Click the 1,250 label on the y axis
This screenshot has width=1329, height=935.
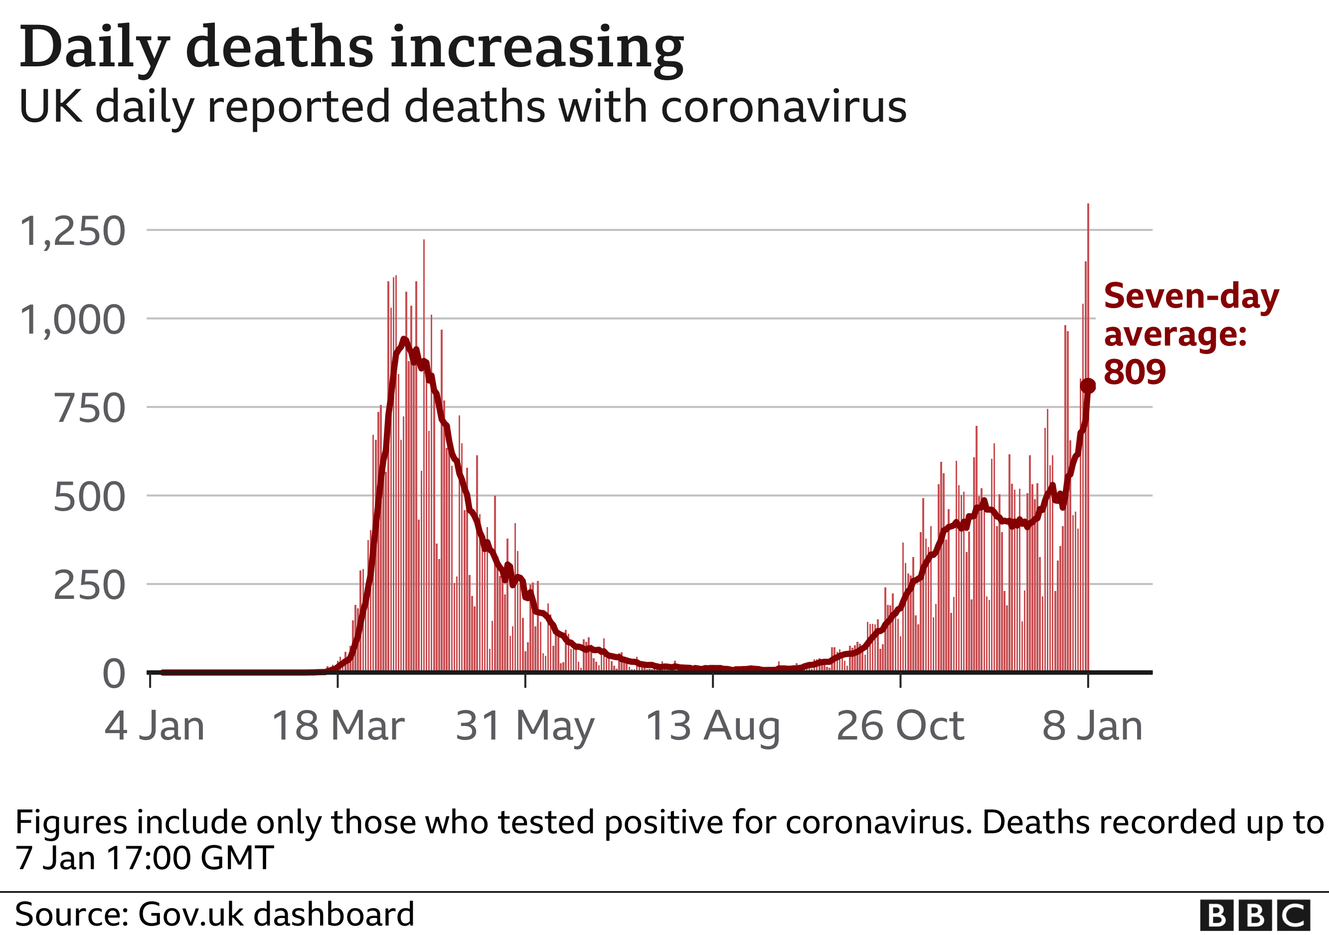pos(72,231)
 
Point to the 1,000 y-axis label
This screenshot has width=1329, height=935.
pos(72,320)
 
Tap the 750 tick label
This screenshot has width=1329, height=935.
pos(89,409)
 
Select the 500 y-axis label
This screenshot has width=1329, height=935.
pos(89,497)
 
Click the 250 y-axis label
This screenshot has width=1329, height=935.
pos(89,586)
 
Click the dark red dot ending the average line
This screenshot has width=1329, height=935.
pos(1088,385)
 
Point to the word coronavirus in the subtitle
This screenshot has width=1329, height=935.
pos(783,107)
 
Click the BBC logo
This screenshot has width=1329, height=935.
pos(1254,916)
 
